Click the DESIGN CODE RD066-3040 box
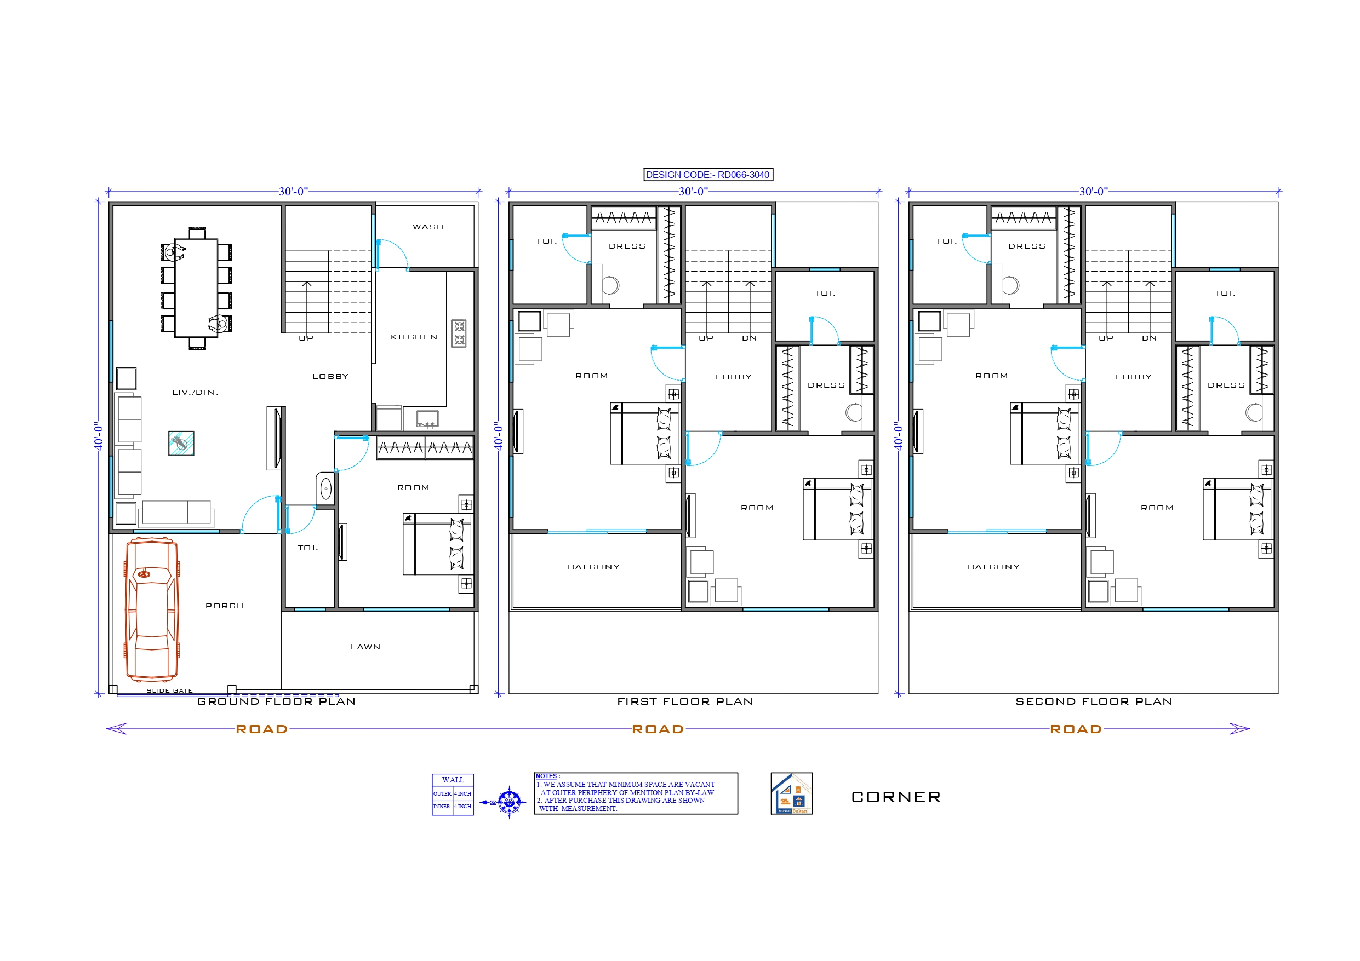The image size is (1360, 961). (708, 175)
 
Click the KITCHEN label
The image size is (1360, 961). (414, 337)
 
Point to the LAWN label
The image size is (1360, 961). (365, 647)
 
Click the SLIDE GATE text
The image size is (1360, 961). (169, 690)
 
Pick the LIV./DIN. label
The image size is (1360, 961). (195, 392)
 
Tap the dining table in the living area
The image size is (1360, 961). (196, 286)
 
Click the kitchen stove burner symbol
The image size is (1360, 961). (459, 333)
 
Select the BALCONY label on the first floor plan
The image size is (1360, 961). (593, 567)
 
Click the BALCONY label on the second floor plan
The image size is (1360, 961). (993, 567)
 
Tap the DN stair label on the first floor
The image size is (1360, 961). (748, 338)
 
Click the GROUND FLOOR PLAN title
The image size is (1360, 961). (276, 701)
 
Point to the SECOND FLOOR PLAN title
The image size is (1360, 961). (1094, 701)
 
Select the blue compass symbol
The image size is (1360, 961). (509, 802)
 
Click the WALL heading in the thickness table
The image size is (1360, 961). (453, 780)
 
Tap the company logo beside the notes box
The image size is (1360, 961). (791, 793)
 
